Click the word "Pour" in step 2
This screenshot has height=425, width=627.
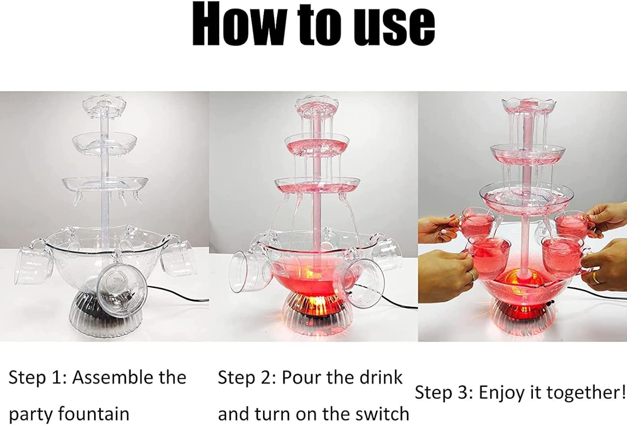tap(301, 377)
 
